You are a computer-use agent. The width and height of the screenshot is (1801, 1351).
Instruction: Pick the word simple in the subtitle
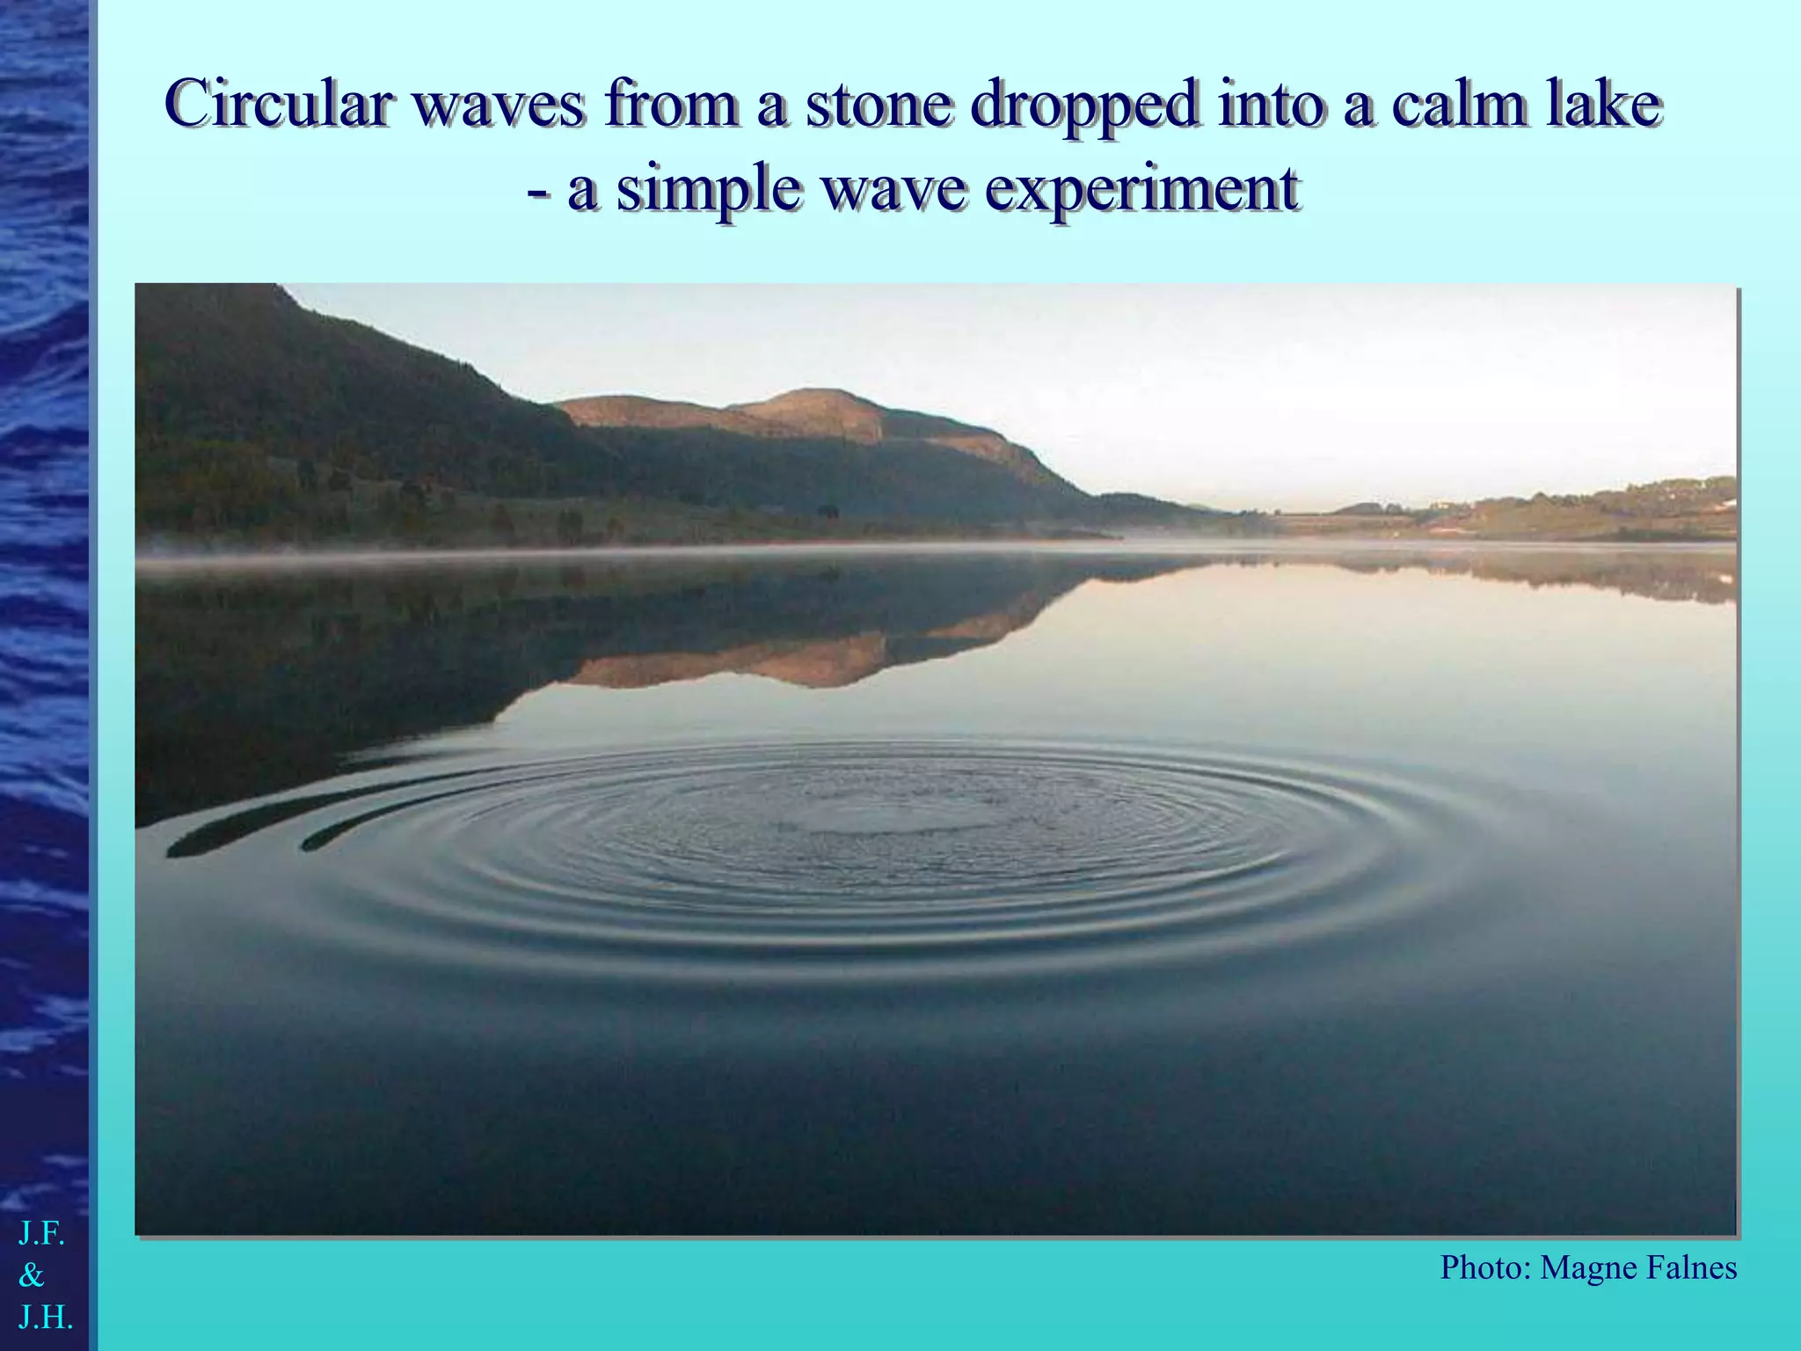(x=708, y=189)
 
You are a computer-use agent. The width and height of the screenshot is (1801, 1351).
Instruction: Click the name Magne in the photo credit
(x=1584, y=1267)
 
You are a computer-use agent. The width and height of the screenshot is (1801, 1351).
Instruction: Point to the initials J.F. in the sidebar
(x=41, y=1235)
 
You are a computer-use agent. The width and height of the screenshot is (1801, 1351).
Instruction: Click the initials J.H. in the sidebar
(x=45, y=1318)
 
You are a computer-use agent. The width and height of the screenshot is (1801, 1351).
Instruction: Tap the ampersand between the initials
(x=32, y=1276)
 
